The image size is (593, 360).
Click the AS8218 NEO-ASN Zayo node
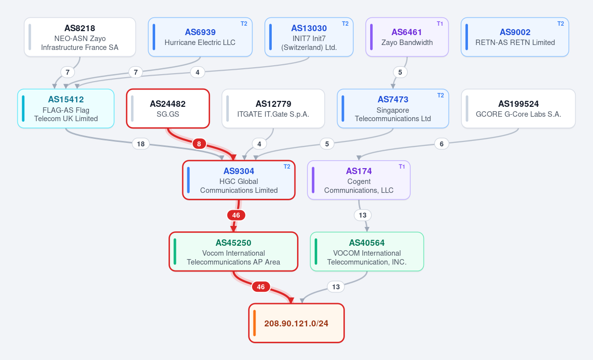(x=80, y=37)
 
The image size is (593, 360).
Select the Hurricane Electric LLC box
(x=200, y=37)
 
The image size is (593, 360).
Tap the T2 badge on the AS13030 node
(x=345, y=24)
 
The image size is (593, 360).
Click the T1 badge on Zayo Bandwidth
(x=440, y=24)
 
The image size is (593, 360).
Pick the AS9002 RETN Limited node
(x=515, y=37)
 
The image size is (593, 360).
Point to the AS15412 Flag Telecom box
(x=66, y=109)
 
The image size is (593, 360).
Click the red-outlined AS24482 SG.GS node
(x=168, y=109)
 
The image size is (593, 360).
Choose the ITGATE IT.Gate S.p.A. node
(x=273, y=109)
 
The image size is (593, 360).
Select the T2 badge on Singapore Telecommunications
(x=440, y=95)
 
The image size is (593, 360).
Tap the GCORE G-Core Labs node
(x=518, y=109)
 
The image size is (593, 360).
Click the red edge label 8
(x=199, y=144)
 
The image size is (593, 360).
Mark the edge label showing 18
(x=141, y=144)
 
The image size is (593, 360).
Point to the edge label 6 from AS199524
(x=442, y=144)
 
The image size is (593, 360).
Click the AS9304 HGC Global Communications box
(x=239, y=180)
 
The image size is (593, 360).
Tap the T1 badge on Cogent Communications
(x=402, y=166)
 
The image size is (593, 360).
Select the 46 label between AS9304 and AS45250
(x=236, y=215)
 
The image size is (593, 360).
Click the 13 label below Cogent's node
(x=363, y=215)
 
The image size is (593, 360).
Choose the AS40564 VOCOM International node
(x=367, y=252)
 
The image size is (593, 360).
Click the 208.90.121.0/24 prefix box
(x=296, y=323)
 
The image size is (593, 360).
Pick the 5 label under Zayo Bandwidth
(x=400, y=72)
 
